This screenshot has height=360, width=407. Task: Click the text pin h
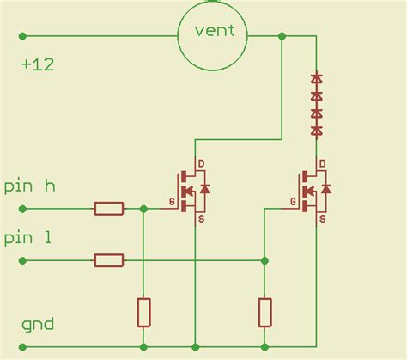click(30, 186)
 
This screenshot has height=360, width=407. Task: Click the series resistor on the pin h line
click(109, 209)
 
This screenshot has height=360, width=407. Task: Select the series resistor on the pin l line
click(109, 259)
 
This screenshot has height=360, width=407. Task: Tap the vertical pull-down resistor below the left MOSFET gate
click(143, 312)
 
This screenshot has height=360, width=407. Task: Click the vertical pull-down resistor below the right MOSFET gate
click(264, 312)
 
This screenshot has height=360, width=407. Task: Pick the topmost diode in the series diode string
click(317, 78)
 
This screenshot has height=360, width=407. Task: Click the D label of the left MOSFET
click(202, 163)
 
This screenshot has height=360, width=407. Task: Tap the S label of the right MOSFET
click(322, 219)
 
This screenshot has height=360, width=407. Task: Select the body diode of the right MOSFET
click(327, 188)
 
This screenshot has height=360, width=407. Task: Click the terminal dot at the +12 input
click(22, 36)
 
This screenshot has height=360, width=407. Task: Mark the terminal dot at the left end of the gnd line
click(22, 348)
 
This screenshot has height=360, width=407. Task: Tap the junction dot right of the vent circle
click(282, 36)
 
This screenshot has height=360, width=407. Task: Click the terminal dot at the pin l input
click(22, 259)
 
